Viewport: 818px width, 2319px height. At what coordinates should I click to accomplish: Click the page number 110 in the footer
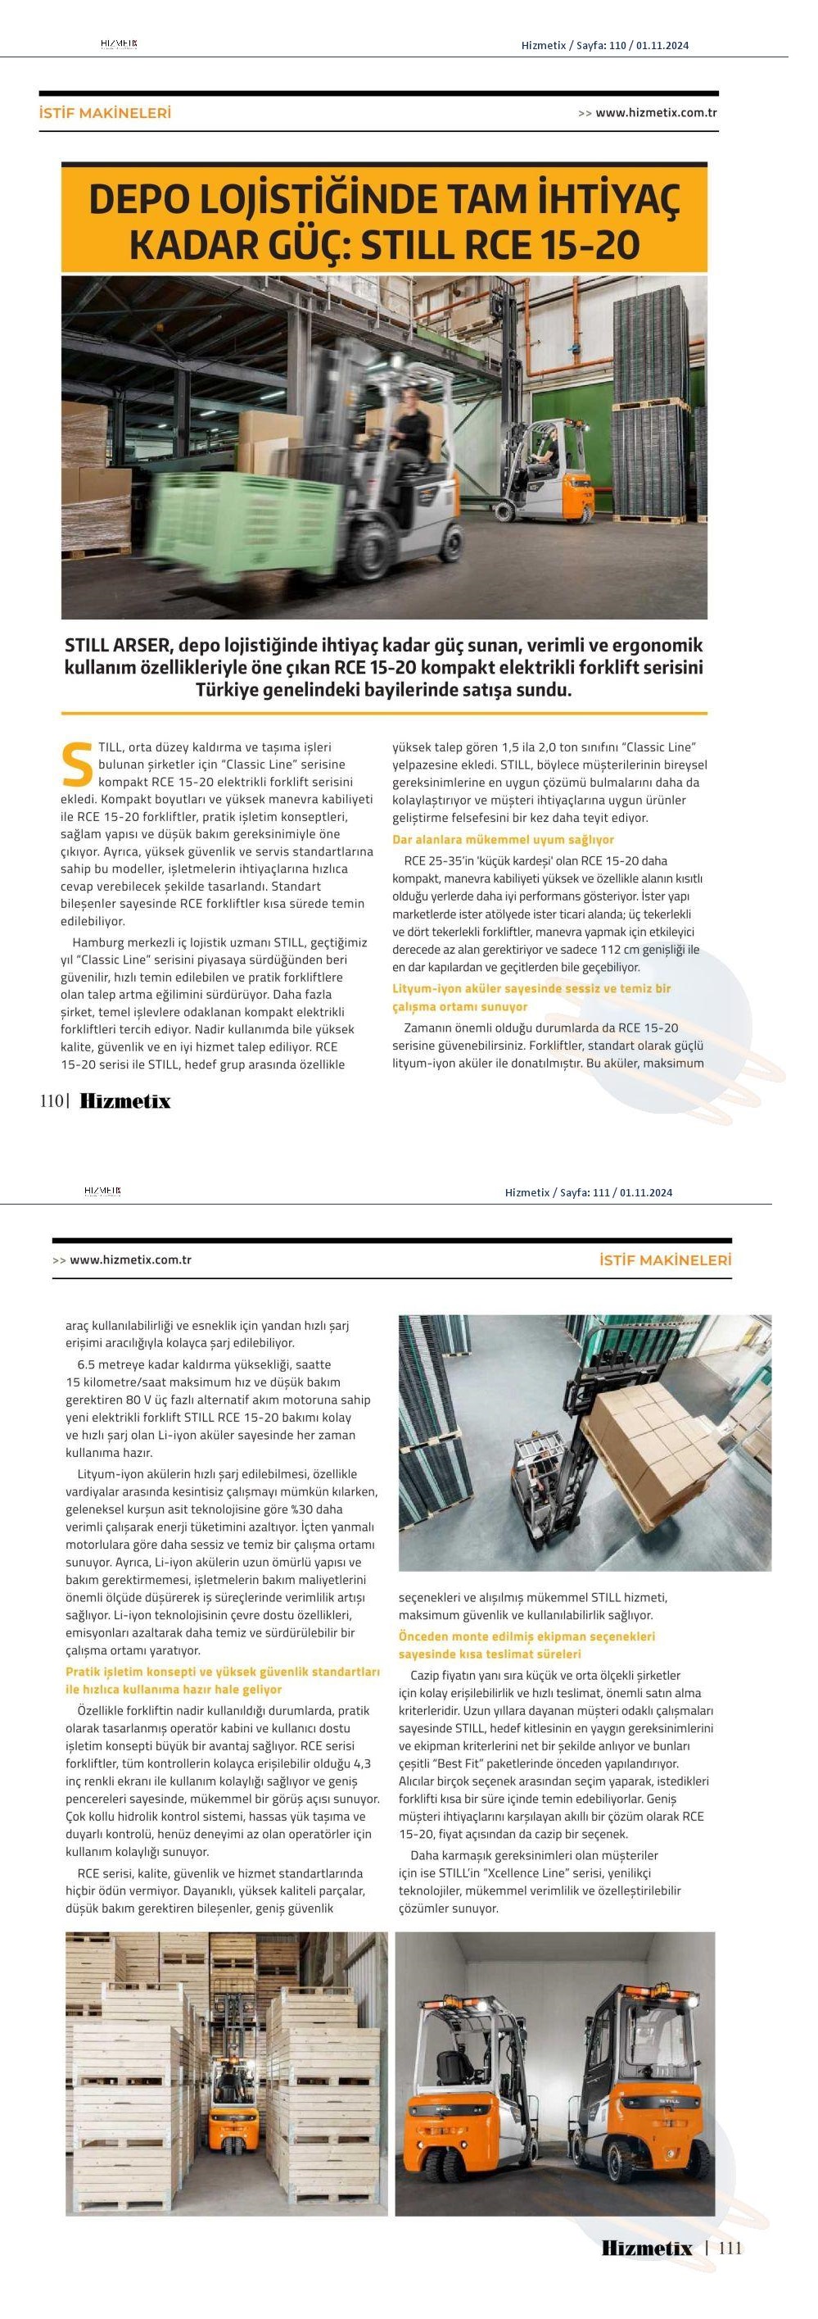click(52, 1100)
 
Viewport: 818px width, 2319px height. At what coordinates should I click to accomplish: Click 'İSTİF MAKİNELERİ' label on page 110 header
click(106, 113)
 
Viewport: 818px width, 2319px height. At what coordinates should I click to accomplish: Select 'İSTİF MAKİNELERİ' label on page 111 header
click(665, 1260)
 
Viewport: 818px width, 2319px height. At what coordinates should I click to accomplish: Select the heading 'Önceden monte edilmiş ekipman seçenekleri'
click(527, 1636)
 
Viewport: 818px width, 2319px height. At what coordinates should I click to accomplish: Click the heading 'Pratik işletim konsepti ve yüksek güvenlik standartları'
click(222, 1671)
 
